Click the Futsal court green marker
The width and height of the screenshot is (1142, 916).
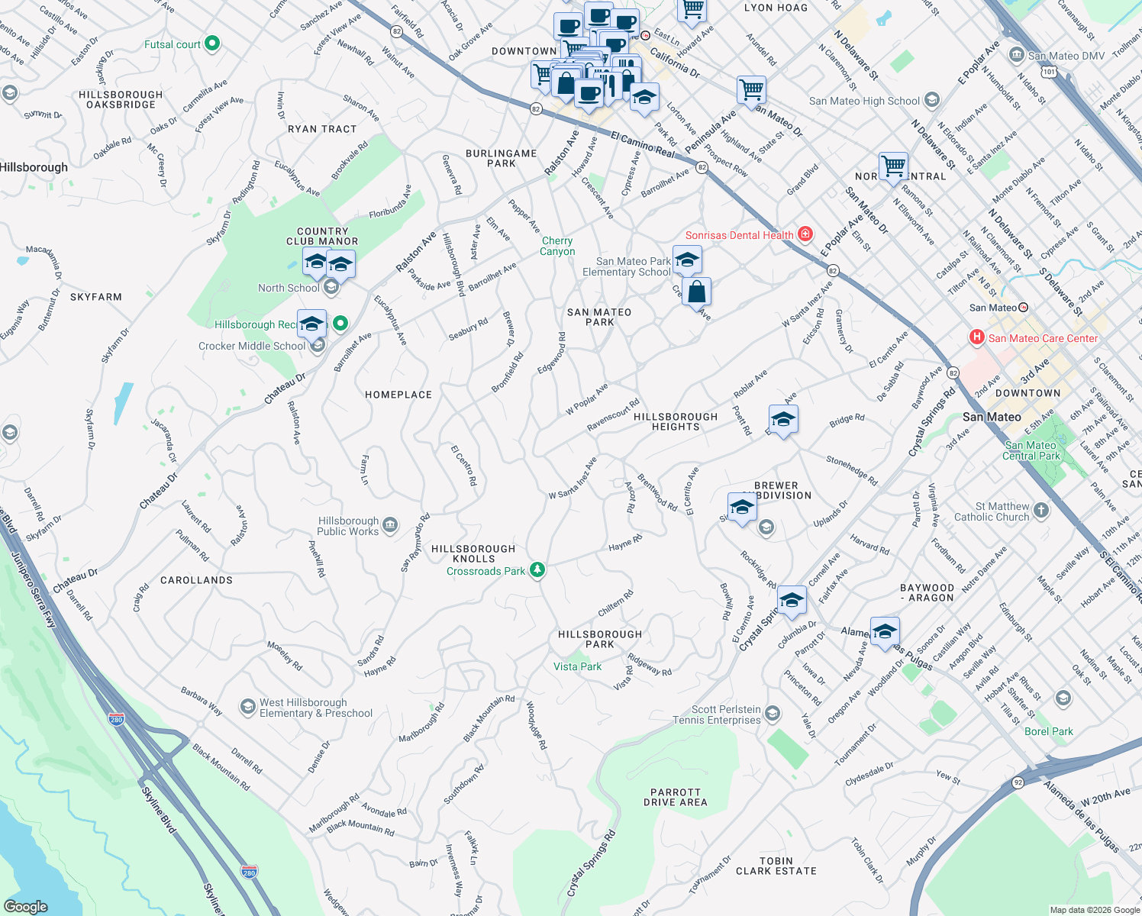pos(212,44)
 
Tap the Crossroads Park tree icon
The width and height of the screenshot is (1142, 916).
pos(537,570)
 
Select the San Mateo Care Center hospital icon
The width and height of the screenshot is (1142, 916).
pos(976,337)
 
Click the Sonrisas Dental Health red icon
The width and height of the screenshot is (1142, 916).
pos(805,234)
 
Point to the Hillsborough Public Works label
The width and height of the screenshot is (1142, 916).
pos(348,526)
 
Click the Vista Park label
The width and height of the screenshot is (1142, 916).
pos(577,666)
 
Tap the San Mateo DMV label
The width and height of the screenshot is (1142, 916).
pos(1066,56)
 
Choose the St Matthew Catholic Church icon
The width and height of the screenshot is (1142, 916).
pos(1041,511)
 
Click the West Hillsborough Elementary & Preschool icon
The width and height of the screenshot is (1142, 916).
pos(247,707)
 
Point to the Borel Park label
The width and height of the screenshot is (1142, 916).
pos(1048,731)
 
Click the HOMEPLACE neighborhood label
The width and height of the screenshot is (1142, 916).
pos(398,395)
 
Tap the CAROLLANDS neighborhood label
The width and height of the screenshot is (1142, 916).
pos(196,580)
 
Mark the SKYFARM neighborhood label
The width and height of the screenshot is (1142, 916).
pos(96,297)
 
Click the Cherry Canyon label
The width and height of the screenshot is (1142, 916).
pos(557,246)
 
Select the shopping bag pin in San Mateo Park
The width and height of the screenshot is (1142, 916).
pos(696,292)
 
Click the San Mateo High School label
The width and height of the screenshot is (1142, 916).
pos(864,101)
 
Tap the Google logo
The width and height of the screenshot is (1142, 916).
pos(26,906)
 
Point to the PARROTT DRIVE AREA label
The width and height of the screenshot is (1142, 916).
pos(675,798)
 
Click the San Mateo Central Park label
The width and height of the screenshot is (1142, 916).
pos(1031,450)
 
